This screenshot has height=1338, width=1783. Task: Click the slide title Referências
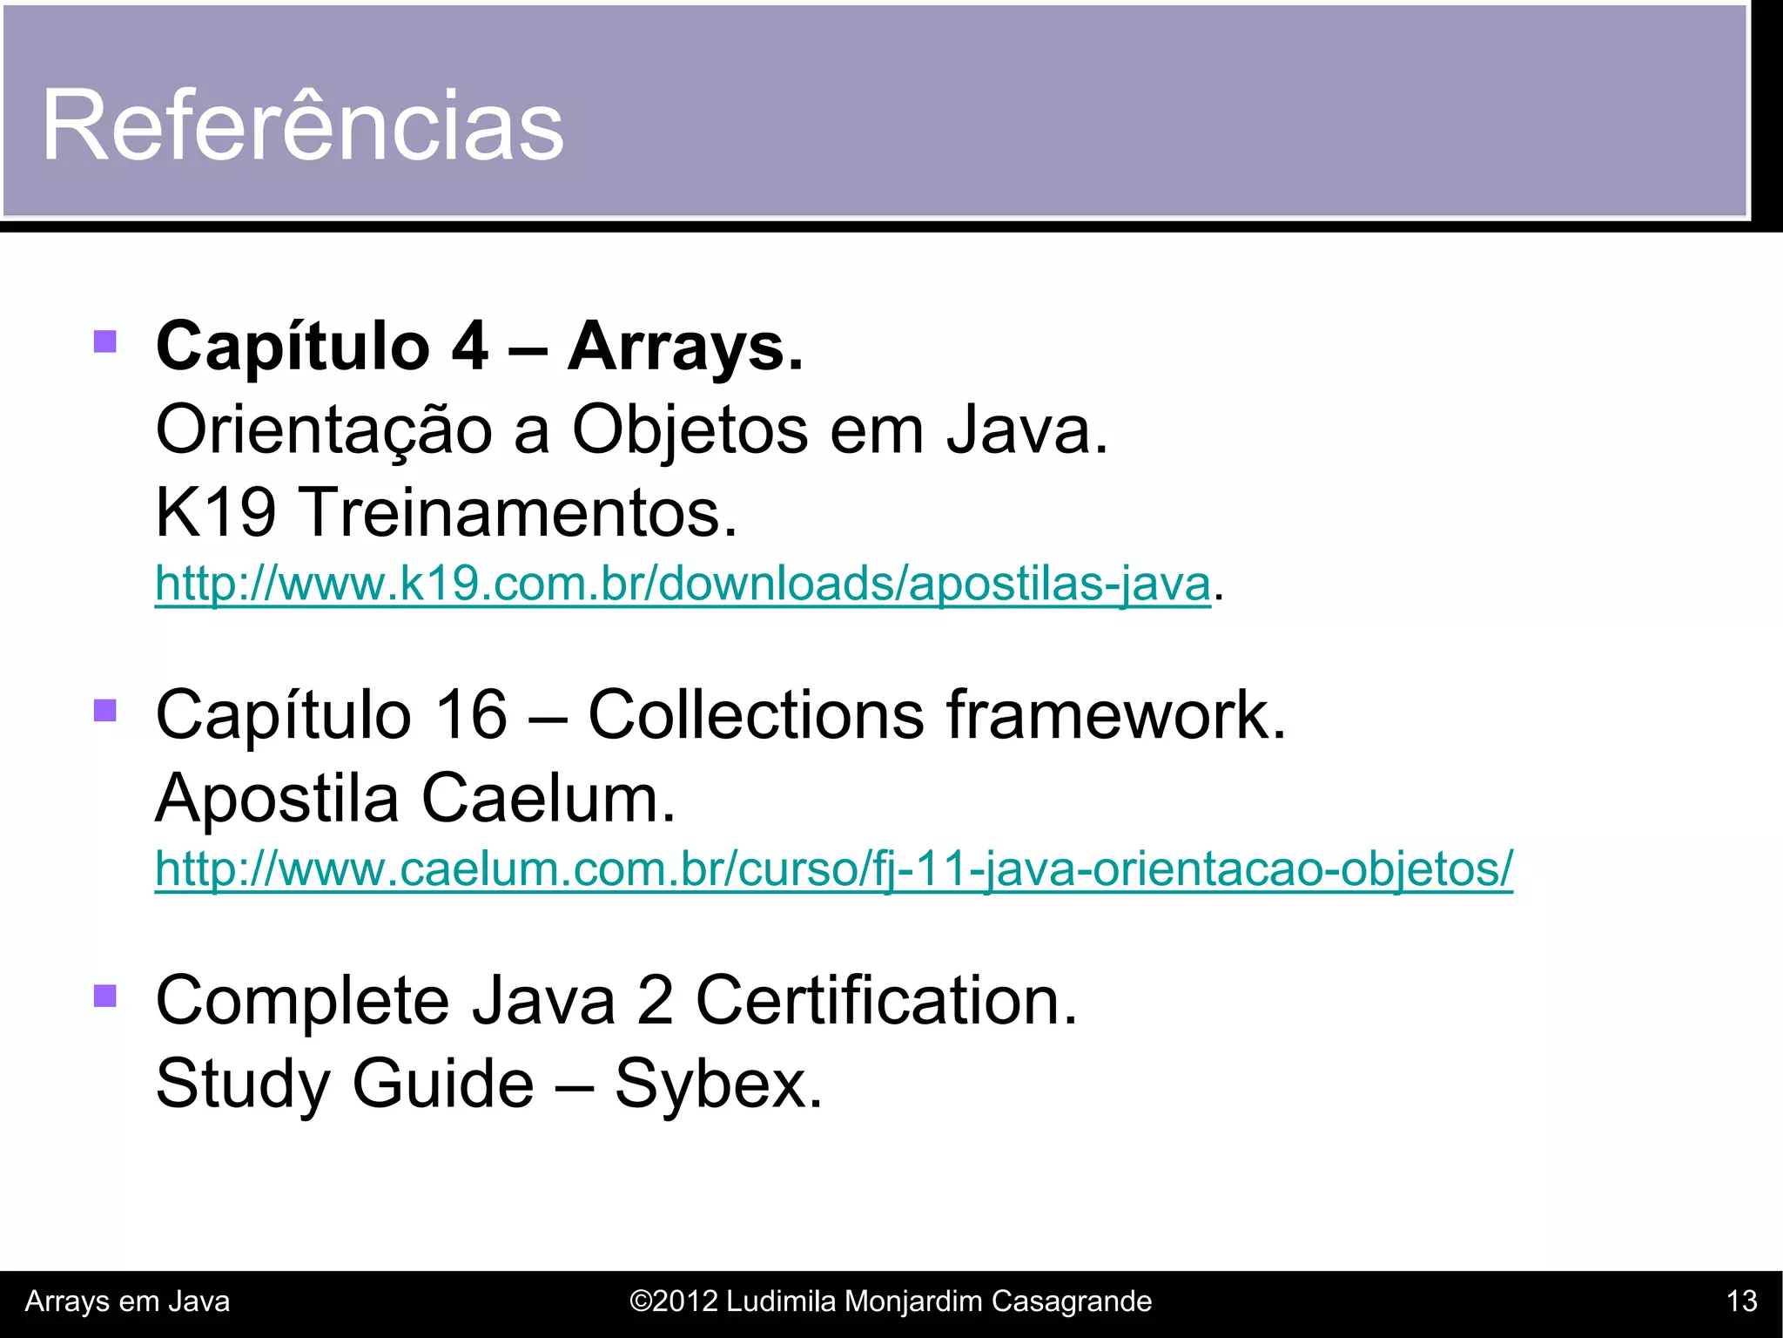point(303,125)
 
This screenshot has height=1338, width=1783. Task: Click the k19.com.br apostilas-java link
point(683,583)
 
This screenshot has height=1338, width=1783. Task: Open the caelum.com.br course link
point(833,868)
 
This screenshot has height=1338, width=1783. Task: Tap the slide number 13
point(1741,1301)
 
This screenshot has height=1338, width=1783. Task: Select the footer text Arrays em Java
point(127,1301)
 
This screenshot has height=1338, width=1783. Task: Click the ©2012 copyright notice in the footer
point(890,1301)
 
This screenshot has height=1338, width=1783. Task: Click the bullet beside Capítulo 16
point(105,710)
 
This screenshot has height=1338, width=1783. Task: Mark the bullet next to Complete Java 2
point(105,995)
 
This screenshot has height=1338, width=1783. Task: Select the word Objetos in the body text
point(690,430)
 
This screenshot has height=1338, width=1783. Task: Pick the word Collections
point(756,715)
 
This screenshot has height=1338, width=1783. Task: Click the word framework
point(1115,715)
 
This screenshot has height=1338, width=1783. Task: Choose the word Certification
point(885,1000)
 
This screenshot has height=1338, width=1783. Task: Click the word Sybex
point(717,1084)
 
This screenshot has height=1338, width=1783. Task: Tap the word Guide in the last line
point(442,1084)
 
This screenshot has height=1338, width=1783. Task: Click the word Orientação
point(324,430)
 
